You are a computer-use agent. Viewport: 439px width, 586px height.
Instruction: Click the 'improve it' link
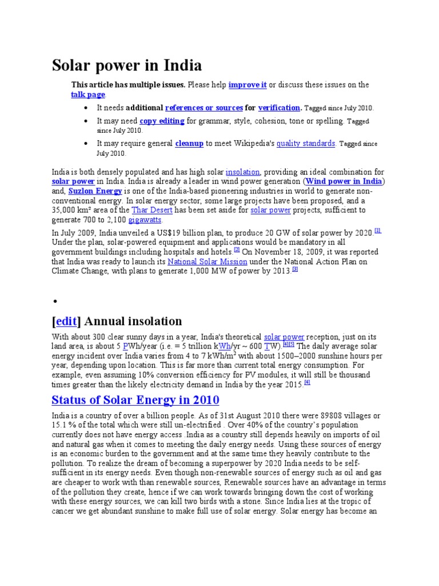(248, 85)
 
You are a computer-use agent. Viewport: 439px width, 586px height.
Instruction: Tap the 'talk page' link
(88, 94)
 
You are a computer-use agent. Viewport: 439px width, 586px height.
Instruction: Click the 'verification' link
(279, 107)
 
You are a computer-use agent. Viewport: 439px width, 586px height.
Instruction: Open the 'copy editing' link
(162, 121)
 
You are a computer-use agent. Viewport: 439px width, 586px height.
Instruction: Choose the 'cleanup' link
(189, 144)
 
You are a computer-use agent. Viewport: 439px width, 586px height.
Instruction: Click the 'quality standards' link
(306, 144)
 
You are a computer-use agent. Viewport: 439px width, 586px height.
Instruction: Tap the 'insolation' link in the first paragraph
(243, 172)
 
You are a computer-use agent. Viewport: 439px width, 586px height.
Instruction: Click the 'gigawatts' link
(145, 220)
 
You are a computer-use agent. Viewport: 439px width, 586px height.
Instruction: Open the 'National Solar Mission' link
(207, 262)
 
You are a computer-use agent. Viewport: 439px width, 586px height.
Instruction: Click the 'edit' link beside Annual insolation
(67, 321)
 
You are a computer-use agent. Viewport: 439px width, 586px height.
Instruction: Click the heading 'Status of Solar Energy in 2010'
(135, 399)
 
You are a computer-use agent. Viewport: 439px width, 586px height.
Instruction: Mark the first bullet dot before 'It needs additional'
(85, 108)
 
